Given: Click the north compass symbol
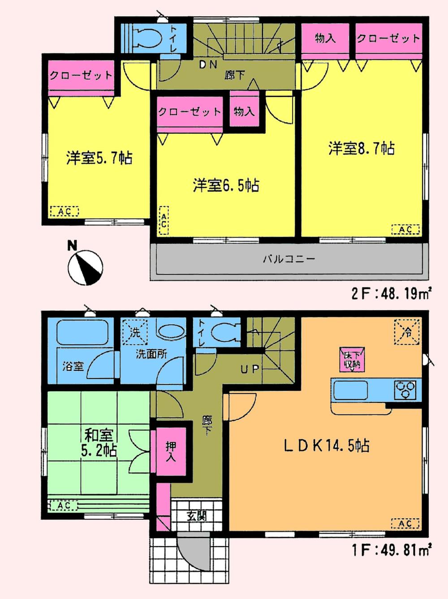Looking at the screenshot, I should pyautogui.click(x=85, y=267).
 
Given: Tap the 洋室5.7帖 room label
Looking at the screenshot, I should pyautogui.click(x=99, y=158).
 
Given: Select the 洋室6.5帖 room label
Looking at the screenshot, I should pyautogui.click(x=226, y=185).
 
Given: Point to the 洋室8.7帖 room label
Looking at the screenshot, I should pyautogui.click(x=361, y=148).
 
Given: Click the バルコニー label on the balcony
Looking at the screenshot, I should pyautogui.click(x=289, y=259).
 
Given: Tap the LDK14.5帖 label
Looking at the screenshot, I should pyautogui.click(x=327, y=445).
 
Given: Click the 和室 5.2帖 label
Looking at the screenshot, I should pyautogui.click(x=99, y=442).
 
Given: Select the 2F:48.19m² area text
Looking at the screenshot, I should pyautogui.click(x=391, y=293).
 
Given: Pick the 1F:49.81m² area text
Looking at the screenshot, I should pyautogui.click(x=391, y=549).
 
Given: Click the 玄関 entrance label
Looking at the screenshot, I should pyautogui.click(x=196, y=515).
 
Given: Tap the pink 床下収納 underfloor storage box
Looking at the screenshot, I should pyautogui.click(x=352, y=359).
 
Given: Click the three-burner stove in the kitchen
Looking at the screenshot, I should pyautogui.click(x=405, y=389).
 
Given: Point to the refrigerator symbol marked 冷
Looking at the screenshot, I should pyautogui.click(x=406, y=332).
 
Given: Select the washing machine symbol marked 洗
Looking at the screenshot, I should pyautogui.click(x=135, y=332).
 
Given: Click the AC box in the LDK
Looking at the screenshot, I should pyautogui.click(x=405, y=523).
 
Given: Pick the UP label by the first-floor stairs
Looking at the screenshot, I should pyautogui.click(x=250, y=369).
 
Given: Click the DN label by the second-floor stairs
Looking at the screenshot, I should pyautogui.click(x=208, y=65).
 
